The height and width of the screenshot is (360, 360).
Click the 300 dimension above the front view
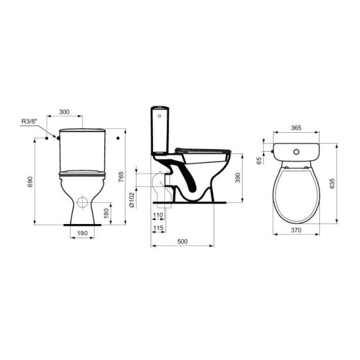point(64,112)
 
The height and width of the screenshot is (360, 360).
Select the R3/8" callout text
point(29,122)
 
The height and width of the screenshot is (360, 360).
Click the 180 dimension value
point(106,212)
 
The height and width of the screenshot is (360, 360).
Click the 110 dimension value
point(158,216)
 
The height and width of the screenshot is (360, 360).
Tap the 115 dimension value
point(158,228)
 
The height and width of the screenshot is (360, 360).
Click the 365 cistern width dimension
point(297,128)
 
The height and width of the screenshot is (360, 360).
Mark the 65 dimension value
point(259,159)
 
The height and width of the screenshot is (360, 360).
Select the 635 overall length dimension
point(332,183)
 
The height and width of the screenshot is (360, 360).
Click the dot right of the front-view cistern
point(118,138)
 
